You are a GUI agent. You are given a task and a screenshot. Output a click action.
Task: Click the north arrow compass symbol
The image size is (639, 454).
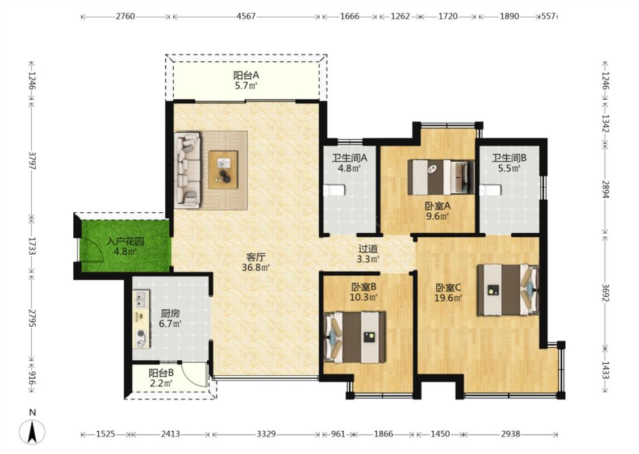point(32,431)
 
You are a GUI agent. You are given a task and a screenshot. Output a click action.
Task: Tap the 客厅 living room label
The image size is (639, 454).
point(256,257)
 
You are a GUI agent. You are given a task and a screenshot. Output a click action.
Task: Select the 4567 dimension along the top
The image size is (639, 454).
point(246,16)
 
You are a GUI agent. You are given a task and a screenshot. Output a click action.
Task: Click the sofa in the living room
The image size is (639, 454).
point(187,170)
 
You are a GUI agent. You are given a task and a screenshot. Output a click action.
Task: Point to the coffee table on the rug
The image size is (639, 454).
point(223,169)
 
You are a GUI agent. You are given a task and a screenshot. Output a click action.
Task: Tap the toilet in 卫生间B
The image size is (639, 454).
point(490,191)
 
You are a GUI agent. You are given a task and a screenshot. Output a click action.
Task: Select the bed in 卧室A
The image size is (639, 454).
point(441,177)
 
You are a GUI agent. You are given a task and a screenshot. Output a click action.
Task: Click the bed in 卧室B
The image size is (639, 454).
point(354,337)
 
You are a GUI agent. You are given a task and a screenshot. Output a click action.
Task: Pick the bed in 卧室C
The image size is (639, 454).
point(508,290)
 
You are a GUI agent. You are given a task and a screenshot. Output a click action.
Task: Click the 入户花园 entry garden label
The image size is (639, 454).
point(125,241)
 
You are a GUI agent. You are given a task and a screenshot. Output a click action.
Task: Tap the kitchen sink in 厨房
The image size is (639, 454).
point(141,299)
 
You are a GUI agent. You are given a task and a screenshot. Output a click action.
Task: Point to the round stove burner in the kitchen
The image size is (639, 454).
point(141,334)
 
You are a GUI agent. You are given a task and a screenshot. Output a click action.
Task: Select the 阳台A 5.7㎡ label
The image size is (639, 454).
point(246,80)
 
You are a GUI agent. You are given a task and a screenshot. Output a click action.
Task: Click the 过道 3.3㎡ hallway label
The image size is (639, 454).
point(368,254)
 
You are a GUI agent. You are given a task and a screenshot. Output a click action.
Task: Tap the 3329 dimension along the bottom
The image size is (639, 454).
point(266,434)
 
